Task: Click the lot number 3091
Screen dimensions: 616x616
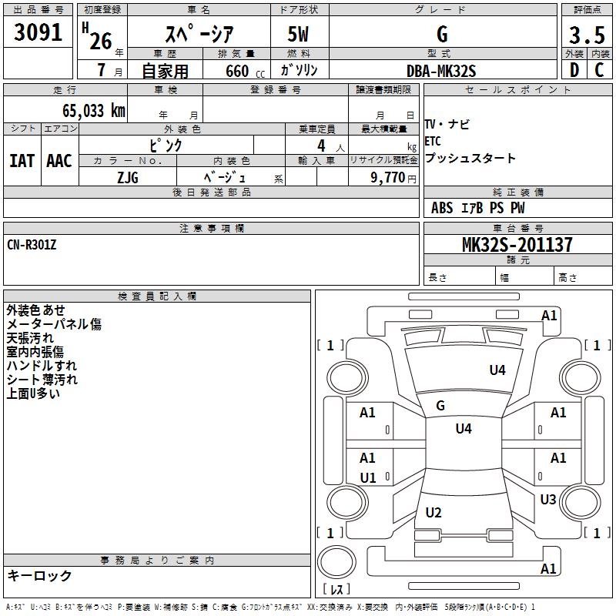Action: [x=38, y=32]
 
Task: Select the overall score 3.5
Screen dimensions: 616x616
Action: [x=587, y=35]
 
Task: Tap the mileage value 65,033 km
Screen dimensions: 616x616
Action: [x=94, y=111]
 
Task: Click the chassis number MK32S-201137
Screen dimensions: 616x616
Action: [x=517, y=245]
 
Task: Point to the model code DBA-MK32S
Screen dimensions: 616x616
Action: [x=441, y=71]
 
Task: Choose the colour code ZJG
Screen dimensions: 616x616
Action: [x=128, y=178]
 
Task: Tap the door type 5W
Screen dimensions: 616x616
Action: [x=298, y=34]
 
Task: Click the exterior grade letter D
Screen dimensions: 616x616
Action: [x=574, y=70]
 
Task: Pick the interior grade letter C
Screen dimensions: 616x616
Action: [x=599, y=70]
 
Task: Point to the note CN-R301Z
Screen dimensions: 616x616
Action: [x=32, y=245]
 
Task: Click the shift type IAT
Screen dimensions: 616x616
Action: [x=22, y=161]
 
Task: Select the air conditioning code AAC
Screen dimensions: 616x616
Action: [x=59, y=161]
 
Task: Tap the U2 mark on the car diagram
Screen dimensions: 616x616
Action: [x=434, y=513]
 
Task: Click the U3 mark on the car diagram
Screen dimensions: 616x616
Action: [x=548, y=500]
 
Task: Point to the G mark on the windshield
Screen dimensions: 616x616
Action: [x=440, y=406]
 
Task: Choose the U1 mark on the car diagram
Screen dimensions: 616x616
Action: [x=368, y=478]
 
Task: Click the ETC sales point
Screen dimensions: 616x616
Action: [x=433, y=141]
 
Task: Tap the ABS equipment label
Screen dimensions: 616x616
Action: [x=442, y=208]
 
